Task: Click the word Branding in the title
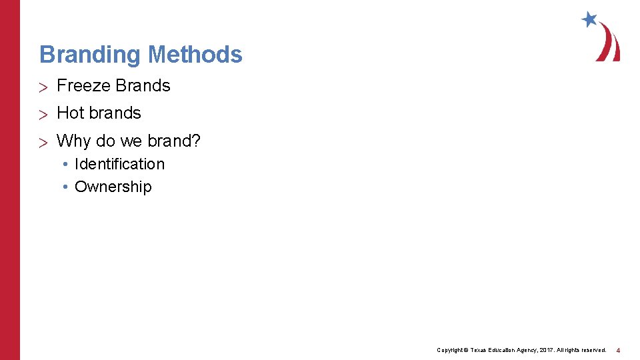click(91, 55)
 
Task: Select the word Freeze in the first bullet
click(83, 86)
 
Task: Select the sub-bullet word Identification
click(119, 164)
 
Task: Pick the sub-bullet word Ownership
click(113, 187)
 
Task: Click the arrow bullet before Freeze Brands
click(43, 87)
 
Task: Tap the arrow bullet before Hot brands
click(43, 114)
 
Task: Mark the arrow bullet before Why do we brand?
click(43, 142)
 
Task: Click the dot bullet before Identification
click(67, 165)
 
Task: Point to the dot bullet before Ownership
click(67, 187)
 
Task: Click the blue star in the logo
click(589, 19)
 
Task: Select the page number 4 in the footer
click(619, 350)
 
